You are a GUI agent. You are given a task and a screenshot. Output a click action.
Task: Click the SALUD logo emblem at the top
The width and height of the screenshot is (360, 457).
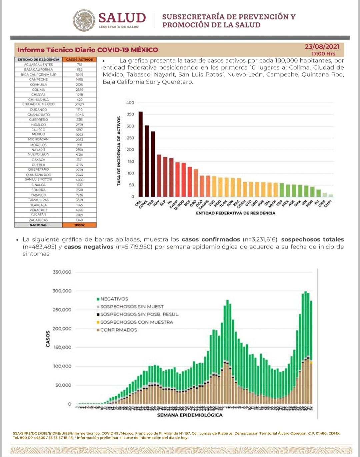click(x=84, y=20)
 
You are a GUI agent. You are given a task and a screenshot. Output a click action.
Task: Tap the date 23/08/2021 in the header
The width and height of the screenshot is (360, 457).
click(x=322, y=47)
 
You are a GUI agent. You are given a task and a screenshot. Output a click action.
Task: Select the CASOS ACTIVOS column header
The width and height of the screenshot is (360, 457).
click(x=79, y=60)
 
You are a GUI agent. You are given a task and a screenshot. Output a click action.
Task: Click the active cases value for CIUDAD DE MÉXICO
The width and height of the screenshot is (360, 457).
click(x=79, y=105)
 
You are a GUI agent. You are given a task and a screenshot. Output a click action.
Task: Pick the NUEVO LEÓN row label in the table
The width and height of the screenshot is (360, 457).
click(x=38, y=155)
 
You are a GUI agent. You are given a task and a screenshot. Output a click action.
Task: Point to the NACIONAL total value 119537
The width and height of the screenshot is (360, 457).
click(x=79, y=225)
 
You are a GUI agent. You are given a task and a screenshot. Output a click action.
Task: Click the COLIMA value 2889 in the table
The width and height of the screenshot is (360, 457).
click(x=79, y=90)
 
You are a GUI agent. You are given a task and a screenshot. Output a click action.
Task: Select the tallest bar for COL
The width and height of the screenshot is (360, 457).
click(x=140, y=154)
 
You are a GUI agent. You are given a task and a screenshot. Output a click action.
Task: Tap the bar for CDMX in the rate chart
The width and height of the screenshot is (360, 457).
click(x=147, y=161)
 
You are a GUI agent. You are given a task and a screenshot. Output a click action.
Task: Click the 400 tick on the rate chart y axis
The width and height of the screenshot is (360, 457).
click(x=130, y=103)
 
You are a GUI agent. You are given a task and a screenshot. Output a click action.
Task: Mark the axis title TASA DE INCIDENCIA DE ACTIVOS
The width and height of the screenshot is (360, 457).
click(x=119, y=151)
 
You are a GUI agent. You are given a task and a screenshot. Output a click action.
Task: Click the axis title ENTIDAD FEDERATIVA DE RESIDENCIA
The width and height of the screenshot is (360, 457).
click(x=235, y=213)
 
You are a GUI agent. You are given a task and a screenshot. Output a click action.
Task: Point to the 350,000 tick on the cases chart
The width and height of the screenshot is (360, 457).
click(x=62, y=272)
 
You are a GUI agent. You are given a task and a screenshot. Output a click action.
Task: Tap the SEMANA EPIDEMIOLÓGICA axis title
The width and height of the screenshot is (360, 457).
click(x=190, y=415)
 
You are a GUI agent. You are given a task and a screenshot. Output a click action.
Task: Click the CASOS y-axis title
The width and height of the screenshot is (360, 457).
click(x=48, y=338)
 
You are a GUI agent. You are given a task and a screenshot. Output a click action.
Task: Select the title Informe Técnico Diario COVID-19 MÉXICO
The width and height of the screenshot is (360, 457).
click(x=88, y=50)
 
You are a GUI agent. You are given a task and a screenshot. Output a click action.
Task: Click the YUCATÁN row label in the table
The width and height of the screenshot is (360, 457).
click(x=38, y=215)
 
